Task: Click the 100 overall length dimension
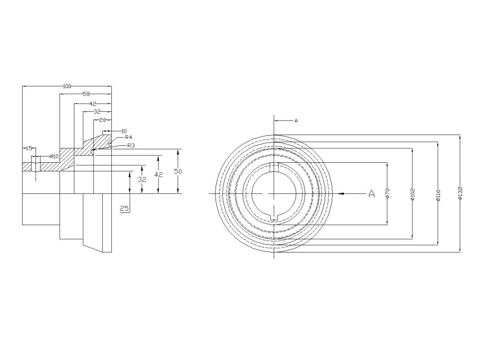click(x=67, y=86)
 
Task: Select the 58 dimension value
click(x=86, y=94)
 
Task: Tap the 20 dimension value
click(x=102, y=120)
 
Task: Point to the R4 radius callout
click(x=129, y=137)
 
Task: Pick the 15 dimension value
click(x=29, y=148)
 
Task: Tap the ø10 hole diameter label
click(x=54, y=156)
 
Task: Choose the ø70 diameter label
click(x=387, y=193)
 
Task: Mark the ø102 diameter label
click(x=413, y=194)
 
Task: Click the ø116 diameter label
click(x=438, y=194)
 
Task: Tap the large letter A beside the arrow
click(x=371, y=193)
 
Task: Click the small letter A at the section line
click(x=296, y=121)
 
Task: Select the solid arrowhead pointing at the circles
click(x=341, y=193)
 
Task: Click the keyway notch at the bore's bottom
click(x=274, y=218)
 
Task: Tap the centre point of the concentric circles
click(x=274, y=193)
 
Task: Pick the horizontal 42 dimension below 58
click(x=93, y=103)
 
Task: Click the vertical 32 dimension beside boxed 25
click(x=142, y=179)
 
